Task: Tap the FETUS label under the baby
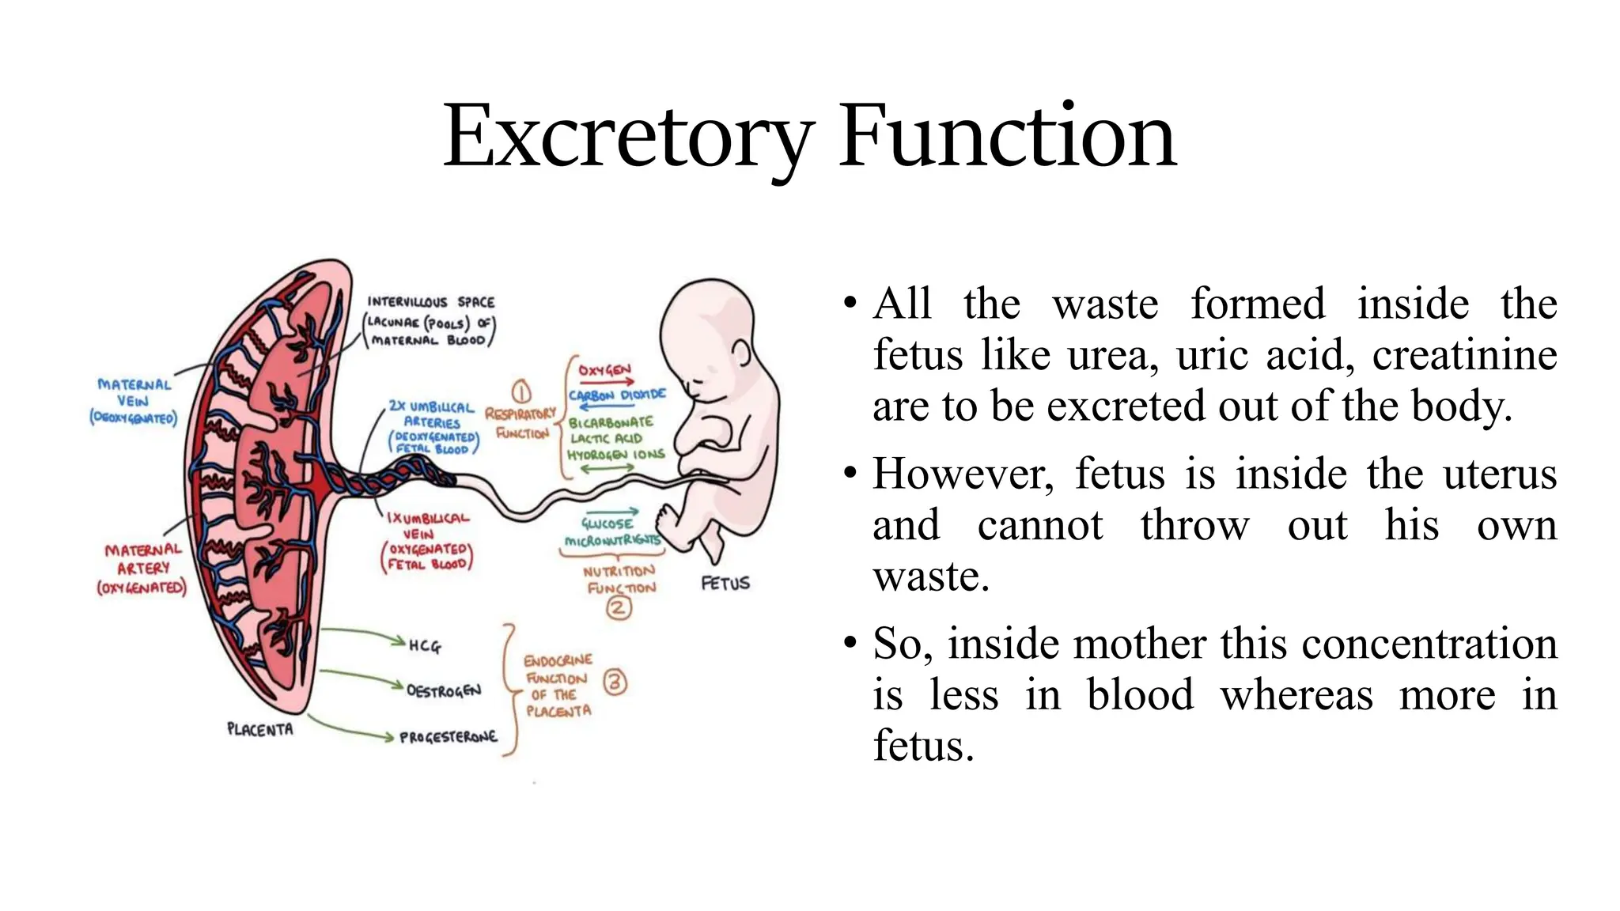[x=725, y=584]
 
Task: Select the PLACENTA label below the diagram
[x=259, y=729]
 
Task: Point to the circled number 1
[x=520, y=392]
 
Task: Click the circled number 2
[x=619, y=607]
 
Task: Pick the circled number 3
[x=615, y=682]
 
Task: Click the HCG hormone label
[x=425, y=646]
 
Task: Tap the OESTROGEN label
[x=443, y=691]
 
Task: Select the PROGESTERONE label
[x=448, y=737]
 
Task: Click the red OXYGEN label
[x=604, y=370]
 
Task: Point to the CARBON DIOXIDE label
[x=617, y=395]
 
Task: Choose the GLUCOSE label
[x=607, y=524]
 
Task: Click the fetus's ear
[x=741, y=353]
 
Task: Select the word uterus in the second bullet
[x=1499, y=474]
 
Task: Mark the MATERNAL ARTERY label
[x=142, y=568]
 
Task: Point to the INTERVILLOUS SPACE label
[x=430, y=302]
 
